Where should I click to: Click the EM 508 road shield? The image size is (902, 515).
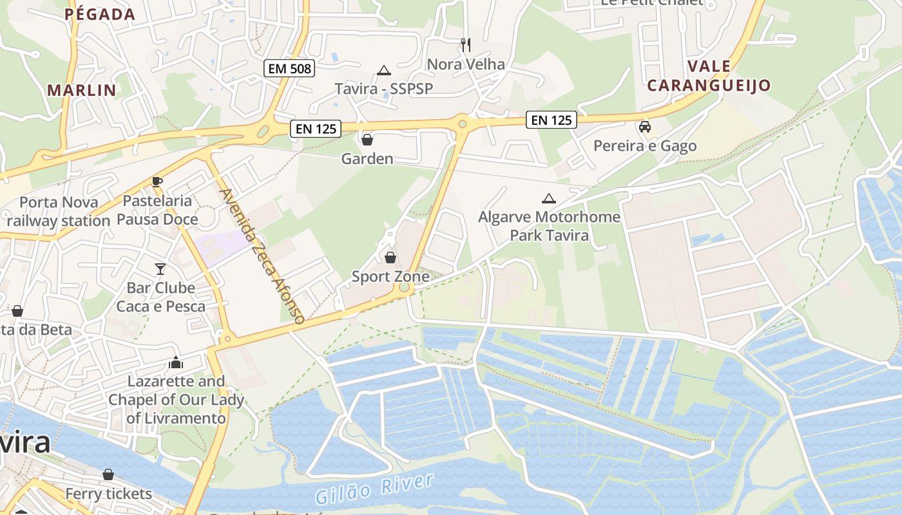(x=289, y=68)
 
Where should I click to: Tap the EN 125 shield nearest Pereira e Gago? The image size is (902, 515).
(x=552, y=119)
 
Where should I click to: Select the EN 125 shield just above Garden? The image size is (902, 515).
(x=316, y=129)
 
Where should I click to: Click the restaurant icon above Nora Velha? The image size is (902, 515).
(x=466, y=44)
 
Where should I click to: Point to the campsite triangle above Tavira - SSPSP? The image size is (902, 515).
(x=384, y=70)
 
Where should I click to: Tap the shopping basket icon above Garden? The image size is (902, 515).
(x=367, y=139)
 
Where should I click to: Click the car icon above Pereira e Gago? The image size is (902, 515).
(x=644, y=127)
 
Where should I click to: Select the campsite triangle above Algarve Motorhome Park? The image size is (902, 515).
(x=548, y=198)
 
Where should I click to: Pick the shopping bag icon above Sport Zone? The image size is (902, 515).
(x=390, y=258)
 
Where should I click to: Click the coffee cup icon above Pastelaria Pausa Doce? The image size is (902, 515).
(x=157, y=182)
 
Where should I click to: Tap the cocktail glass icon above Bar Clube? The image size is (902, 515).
(x=160, y=268)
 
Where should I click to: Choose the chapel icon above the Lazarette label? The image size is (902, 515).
(x=176, y=363)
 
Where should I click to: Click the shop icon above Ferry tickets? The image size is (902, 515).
(x=108, y=474)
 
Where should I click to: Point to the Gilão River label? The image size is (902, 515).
(x=374, y=489)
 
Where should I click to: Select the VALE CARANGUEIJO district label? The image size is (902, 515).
(x=709, y=76)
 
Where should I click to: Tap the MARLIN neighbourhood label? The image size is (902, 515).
(x=82, y=90)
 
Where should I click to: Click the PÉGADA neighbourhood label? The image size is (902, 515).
(x=100, y=14)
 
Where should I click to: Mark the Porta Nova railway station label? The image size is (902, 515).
(x=59, y=212)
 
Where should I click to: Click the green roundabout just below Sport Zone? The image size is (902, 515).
(x=404, y=287)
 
